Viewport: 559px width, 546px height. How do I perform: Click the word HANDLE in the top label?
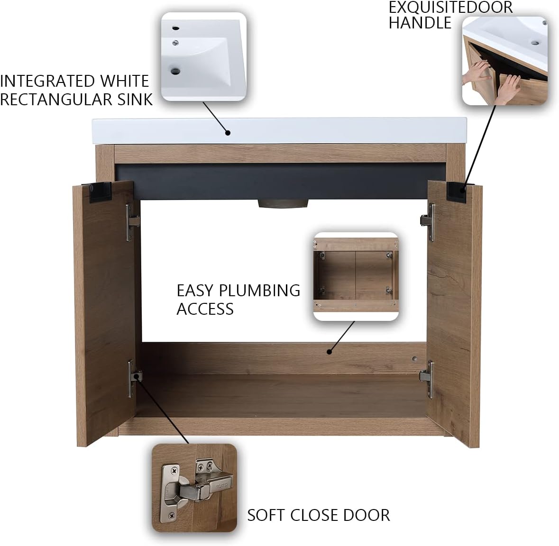point(420,23)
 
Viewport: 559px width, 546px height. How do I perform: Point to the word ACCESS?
point(205,309)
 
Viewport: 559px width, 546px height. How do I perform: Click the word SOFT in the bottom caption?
point(266,515)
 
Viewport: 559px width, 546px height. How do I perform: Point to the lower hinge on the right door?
point(427,376)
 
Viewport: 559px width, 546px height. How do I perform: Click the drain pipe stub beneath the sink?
point(283,204)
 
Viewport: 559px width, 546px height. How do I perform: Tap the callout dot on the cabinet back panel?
point(328,352)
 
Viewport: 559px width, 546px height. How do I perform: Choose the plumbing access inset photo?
point(356,277)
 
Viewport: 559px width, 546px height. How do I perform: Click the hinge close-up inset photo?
point(194,481)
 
